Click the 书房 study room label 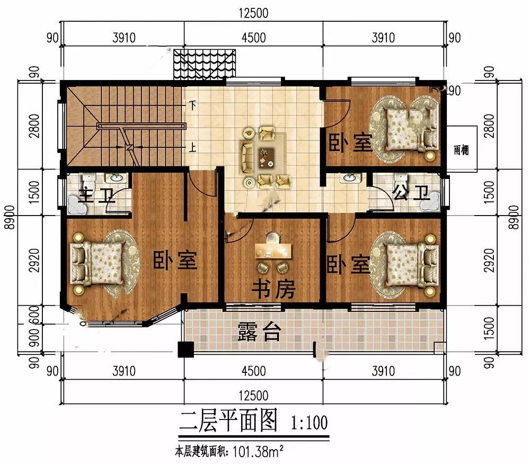[273, 289]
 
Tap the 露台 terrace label [259, 331]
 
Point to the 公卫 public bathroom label [411, 193]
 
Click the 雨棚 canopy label [462, 149]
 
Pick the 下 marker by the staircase [192, 106]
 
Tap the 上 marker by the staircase [192, 148]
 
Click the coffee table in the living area [267, 157]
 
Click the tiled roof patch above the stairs [205, 64]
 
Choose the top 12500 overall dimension [253, 13]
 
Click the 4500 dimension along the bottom [253, 371]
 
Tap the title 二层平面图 [228, 421]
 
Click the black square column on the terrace [185, 350]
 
